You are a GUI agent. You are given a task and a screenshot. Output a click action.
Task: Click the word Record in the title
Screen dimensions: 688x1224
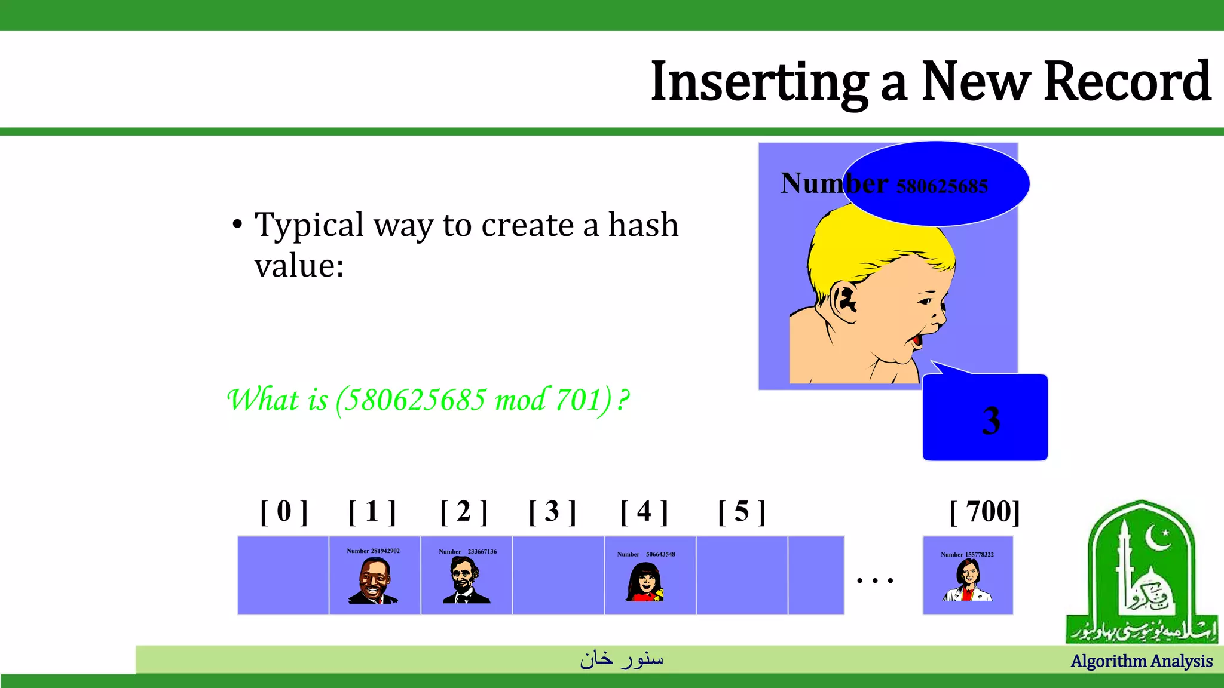coord(1127,82)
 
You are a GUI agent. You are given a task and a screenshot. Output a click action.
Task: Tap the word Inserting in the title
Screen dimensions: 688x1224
coord(759,82)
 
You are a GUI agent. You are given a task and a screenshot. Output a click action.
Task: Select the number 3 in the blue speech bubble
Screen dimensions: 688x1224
coord(991,420)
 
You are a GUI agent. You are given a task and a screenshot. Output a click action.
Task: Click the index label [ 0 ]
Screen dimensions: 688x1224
coord(284,512)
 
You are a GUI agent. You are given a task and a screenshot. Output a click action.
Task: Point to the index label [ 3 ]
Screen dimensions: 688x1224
coord(552,512)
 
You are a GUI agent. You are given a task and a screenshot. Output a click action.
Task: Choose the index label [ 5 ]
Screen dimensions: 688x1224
coord(742,512)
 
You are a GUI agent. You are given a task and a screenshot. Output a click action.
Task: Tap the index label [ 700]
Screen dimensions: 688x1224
coord(984,512)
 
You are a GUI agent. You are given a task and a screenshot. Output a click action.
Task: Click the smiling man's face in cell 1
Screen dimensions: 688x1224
coord(374,579)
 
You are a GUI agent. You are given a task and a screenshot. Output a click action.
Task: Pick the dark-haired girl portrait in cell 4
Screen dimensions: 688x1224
coord(645,582)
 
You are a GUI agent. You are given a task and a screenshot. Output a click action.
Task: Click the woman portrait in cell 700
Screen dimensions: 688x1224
coord(968,580)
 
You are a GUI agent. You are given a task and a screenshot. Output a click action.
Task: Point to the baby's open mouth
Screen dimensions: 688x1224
coord(917,339)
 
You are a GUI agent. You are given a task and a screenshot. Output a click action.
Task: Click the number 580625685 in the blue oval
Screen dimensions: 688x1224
coord(942,186)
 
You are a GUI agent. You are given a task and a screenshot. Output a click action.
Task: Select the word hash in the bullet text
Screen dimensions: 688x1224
coord(643,225)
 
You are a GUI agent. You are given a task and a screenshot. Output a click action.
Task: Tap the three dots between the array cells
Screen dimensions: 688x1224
coord(874,580)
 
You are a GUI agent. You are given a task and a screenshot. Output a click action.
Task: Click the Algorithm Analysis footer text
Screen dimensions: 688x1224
coord(1142,661)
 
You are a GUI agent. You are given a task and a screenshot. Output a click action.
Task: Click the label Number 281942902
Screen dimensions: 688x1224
coord(374,551)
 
